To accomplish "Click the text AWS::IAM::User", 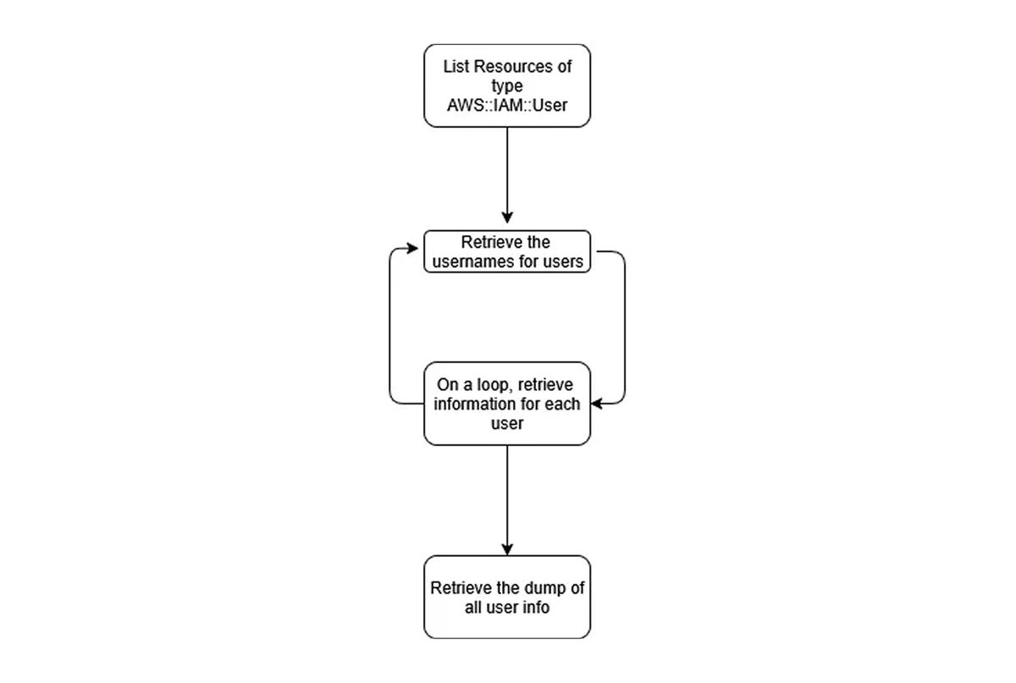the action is click(x=507, y=105).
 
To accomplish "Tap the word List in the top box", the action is click(x=456, y=67).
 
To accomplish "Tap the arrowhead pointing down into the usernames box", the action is click(x=507, y=218).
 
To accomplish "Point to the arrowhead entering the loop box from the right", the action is click(x=597, y=404).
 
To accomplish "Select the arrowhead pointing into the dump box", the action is click(x=507, y=549).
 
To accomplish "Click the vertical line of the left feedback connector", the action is click(x=389, y=326).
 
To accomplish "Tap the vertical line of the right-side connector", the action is click(x=625, y=328).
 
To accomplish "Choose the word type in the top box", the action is click(x=507, y=86).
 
